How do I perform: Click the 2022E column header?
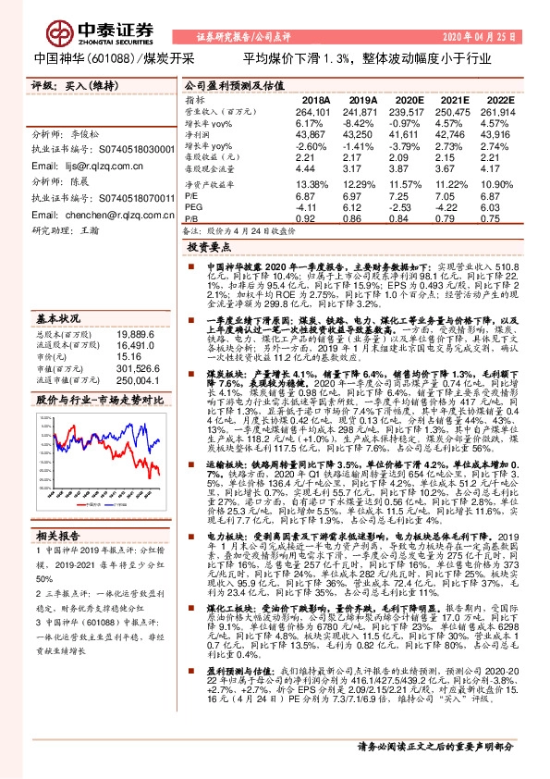pos(499,100)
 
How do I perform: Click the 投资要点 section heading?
pos(208,249)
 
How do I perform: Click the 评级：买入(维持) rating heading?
pos(69,85)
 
